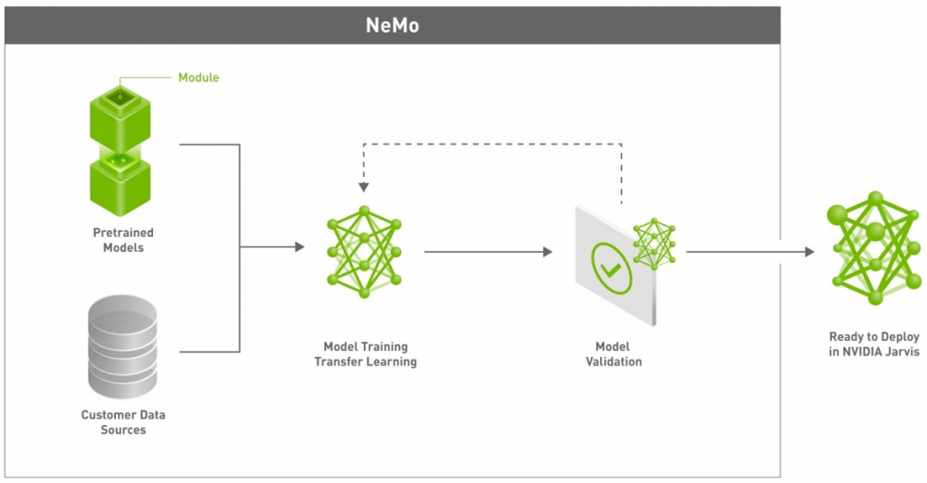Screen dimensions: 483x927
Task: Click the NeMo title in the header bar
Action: coord(392,25)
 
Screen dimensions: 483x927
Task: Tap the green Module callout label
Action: coord(198,78)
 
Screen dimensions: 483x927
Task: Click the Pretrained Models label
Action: coord(123,240)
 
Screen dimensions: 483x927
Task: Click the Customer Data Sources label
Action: coord(123,422)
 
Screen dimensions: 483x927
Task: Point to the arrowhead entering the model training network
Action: coord(300,246)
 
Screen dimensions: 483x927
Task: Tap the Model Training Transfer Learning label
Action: coord(365,354)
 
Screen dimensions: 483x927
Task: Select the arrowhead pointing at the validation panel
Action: coord(547,252)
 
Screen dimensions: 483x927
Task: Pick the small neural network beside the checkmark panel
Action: coord(655,244)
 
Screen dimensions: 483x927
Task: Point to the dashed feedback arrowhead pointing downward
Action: coord(363,188)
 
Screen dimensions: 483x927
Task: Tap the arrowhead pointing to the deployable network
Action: coord(808,252)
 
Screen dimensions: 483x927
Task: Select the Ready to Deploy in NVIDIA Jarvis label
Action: coord(874,344)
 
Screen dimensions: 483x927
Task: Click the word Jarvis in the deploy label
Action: coord(900,352)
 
